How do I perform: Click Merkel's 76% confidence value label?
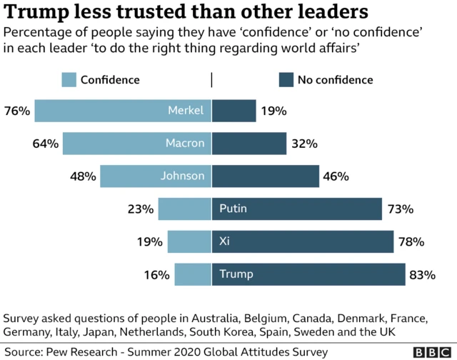click(16, 111)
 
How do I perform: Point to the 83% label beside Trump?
click(422, 274)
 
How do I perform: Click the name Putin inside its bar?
click(233, 209)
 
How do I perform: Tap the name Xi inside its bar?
click(224, 242)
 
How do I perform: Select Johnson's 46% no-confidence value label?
click(336, 176)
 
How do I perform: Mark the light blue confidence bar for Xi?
click(189, 242)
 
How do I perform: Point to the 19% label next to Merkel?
click(273, 111)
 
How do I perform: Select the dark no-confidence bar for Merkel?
click(233, 111)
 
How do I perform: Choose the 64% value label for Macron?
click(45, 144)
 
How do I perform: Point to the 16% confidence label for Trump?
click(157, 274)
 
